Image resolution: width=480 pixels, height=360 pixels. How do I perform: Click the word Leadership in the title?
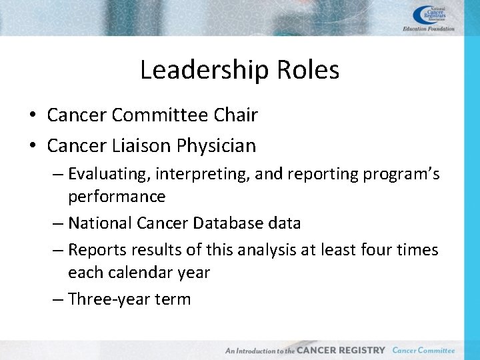[197, 70]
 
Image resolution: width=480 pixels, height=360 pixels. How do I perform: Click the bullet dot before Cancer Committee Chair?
[33, 116]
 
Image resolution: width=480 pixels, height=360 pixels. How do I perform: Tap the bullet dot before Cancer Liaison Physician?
[33, 145]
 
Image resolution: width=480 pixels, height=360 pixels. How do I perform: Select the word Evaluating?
[109, 175]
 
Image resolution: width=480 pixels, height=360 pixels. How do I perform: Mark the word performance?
[117, 197]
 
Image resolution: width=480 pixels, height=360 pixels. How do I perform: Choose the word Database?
[228, 223]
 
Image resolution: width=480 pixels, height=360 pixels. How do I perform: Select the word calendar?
[139, 273]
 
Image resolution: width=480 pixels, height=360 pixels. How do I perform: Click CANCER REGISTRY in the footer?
[341, 350]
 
